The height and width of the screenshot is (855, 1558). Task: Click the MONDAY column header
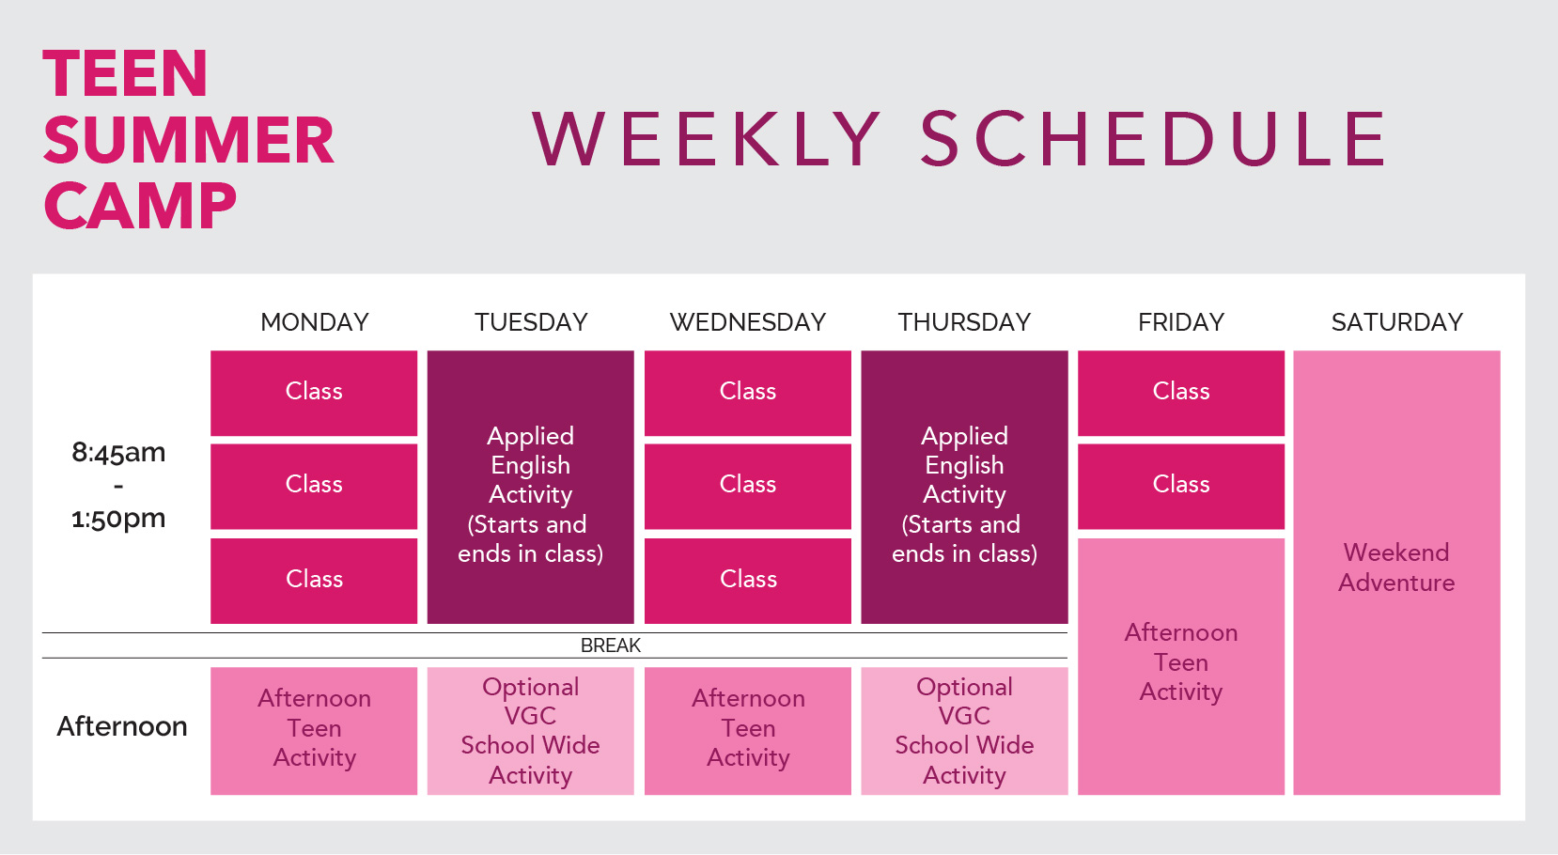(x=315, y=322)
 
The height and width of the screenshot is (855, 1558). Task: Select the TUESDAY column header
(x=531, y=322)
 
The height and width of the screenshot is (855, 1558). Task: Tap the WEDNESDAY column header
(x=748, y=322)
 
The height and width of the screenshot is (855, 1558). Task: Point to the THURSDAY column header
(x=964, y=322)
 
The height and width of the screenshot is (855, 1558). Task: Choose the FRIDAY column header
(x=1181, y=322)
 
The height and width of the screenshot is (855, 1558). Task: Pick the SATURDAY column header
(x=1396, y=322)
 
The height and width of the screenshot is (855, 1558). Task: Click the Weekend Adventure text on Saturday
(x=1396, y=567)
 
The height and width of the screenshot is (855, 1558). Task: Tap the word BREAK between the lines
(x=610, y=645)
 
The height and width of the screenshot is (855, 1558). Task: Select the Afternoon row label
(x=122, y=726)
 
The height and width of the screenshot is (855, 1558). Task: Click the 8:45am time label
(x=118, y=452)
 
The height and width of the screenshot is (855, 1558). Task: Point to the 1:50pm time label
(x=118, y=519)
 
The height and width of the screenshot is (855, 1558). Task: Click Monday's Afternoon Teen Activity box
(x=314, y=731)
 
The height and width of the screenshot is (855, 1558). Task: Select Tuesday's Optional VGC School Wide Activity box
(x=531, y=731)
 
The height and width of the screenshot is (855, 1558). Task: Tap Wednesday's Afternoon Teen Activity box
(x=748, y=731)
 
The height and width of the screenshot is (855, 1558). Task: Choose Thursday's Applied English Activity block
(x=964, y=487)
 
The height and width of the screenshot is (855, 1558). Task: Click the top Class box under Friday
(x=1181, y=393)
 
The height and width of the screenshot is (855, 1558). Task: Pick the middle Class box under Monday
(x=314, y=487)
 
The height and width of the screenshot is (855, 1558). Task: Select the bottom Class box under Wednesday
(x=748, y=581)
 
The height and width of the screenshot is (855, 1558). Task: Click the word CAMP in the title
(x=140, y=206)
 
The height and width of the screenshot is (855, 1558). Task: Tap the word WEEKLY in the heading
(x=707, y=139)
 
